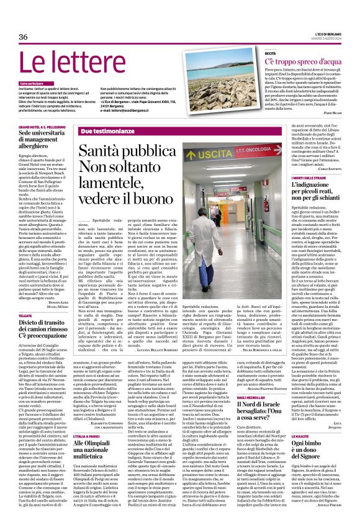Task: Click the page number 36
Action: pyautogui.click(x=24, y=37)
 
